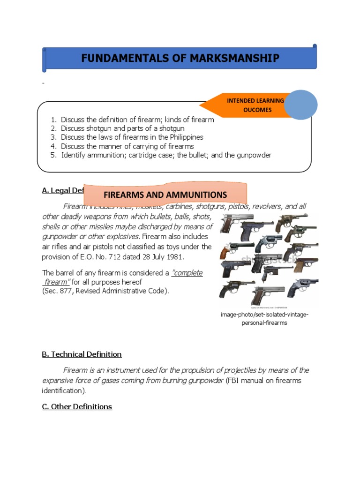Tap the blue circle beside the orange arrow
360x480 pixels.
[x=300, y=105]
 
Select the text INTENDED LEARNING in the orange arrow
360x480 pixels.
[x=255, y=100]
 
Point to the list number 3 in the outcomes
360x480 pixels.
[x=54, y=137]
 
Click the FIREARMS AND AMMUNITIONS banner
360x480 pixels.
[x=165, y=195]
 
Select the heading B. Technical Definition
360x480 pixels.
[x=82, y=354]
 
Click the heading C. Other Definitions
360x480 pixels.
[x=77, y=406]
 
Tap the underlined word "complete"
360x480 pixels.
[x=187, y=273]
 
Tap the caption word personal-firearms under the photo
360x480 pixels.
[x=264, y=322]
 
